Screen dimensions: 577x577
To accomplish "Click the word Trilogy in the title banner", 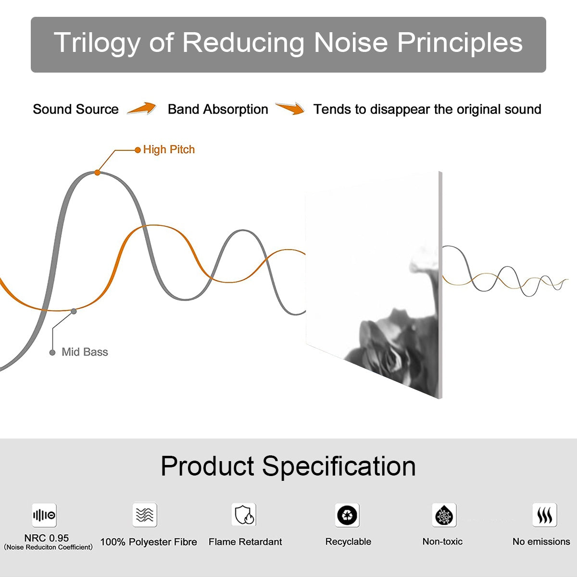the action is [x=97, y=43].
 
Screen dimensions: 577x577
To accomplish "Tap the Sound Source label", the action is [x=76, y=109].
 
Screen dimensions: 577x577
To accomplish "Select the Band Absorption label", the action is [x=218, y=109].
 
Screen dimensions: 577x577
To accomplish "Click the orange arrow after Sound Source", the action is [x=142, y=108].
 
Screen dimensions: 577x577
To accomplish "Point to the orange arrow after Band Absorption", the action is [x=290, y=108].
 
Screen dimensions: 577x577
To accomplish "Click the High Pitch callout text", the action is [x=169, y=150].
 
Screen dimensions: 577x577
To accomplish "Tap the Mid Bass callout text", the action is [x=85, y=352].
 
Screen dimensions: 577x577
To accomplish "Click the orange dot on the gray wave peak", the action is [x=97, y=173].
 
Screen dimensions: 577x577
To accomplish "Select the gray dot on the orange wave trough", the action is [x=74, y=312].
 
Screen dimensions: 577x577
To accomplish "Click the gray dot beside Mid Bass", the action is [x=52, y=353].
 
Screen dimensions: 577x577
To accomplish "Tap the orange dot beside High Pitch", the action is [x=138, y=150].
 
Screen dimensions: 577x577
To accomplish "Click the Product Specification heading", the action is [x=288, y=466].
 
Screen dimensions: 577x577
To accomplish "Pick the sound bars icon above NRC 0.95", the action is [x=44, y=515].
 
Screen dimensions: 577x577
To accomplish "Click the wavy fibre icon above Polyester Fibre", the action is [x=145, y=515].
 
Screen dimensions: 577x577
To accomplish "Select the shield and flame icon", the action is [x=244, y=514].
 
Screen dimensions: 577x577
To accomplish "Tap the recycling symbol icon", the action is [x=347, y=515].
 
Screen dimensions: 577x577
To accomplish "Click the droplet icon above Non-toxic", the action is [x=444, y=515].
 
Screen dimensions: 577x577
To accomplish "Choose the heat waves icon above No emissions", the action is [x=545, y=515].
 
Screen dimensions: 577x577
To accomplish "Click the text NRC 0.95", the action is [x=47, y=538].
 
